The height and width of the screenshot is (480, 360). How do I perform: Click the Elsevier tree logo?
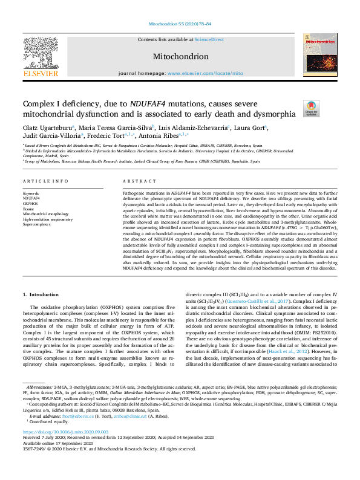[x=41, y=50]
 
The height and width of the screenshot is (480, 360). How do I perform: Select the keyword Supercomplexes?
[x=38, y=224]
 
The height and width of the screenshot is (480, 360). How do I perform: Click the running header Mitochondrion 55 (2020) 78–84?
[x=180, y=24]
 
